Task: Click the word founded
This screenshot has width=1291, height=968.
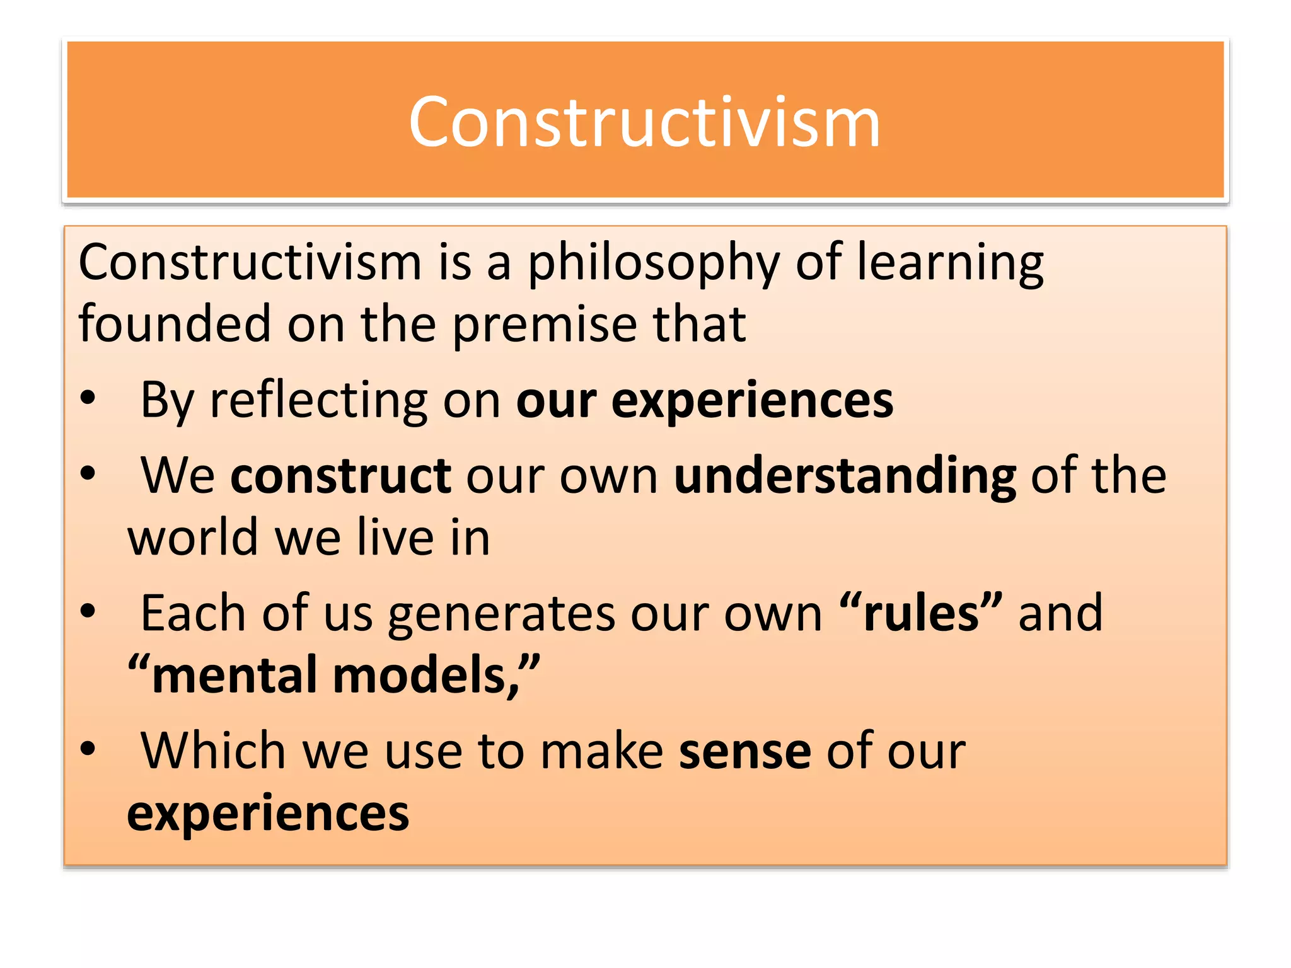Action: click(x=175, y=324)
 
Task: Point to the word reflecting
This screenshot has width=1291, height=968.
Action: click(x=318, y=401)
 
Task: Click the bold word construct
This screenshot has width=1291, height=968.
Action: click(x=340, y=476)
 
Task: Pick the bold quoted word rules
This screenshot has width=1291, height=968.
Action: click(x=921, y=613)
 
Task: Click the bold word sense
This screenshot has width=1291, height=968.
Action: click(x=745, y=751)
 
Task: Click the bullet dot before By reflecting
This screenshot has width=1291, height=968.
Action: click(x=88, y=398)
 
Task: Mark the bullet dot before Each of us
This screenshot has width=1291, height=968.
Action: click(x=88, y=611)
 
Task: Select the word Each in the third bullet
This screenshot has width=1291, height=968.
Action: click(x=192, y=613)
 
